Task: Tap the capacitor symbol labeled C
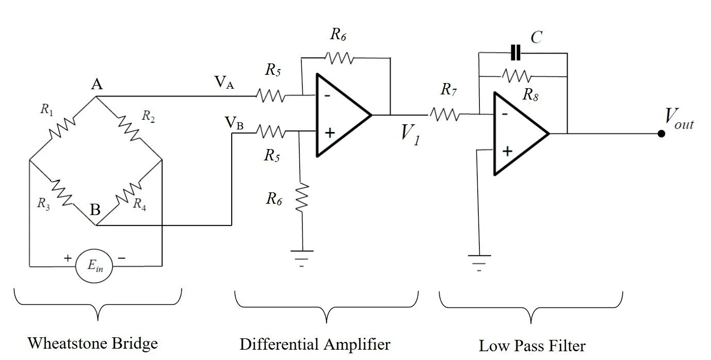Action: (x=515, y=53)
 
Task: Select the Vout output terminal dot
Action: (x=661, y=134)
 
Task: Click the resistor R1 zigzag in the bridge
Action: (x=62, y=127)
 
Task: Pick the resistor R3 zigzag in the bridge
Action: (x=62, y=192)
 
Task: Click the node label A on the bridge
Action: (x=96, y=85)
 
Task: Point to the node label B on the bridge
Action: (x=95, y=210)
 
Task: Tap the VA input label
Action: (x=225, y=83)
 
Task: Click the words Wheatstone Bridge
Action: (x=92, y=342)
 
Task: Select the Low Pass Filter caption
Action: (x=532, y=345)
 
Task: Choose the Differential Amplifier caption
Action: (x=315, y=343)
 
